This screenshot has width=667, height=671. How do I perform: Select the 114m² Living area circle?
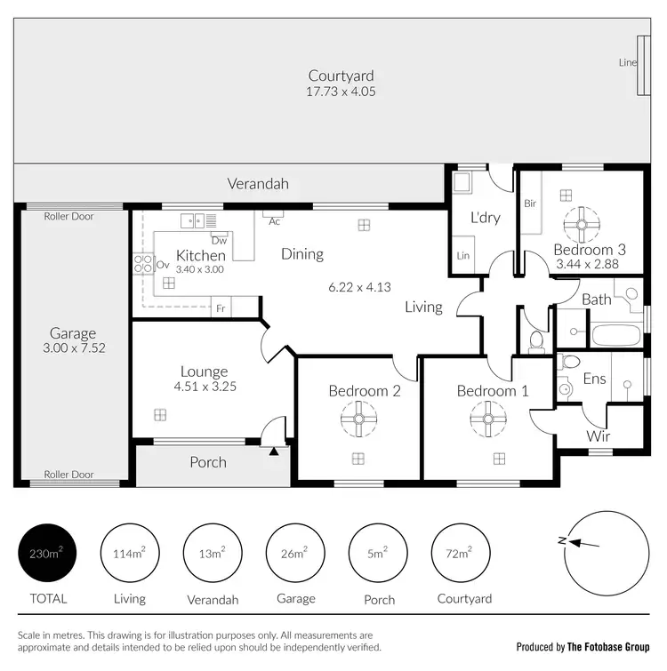[x=130, y=553]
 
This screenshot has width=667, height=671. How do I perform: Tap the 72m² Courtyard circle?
[x=459, y=553]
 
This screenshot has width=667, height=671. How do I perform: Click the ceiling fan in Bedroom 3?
[x=581, y=225]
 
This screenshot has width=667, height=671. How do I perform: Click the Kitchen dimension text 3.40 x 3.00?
[x=200, y=269]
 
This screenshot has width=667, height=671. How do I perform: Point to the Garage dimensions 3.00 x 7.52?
[x=75, y=348]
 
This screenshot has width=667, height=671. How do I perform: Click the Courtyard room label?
[x=341, y=76]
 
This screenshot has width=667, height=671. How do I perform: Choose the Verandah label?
[x=258, y=185]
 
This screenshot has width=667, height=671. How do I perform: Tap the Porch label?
[x=208, y=462]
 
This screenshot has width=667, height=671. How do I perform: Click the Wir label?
[x=598, y=436]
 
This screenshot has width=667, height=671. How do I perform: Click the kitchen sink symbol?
[x=194, y=220]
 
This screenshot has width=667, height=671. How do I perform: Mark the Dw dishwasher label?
[x=219, y=240]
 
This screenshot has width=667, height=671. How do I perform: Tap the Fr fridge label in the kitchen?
[x=219, y=308]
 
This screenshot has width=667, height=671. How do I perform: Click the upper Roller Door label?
[x=69, y=216]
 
